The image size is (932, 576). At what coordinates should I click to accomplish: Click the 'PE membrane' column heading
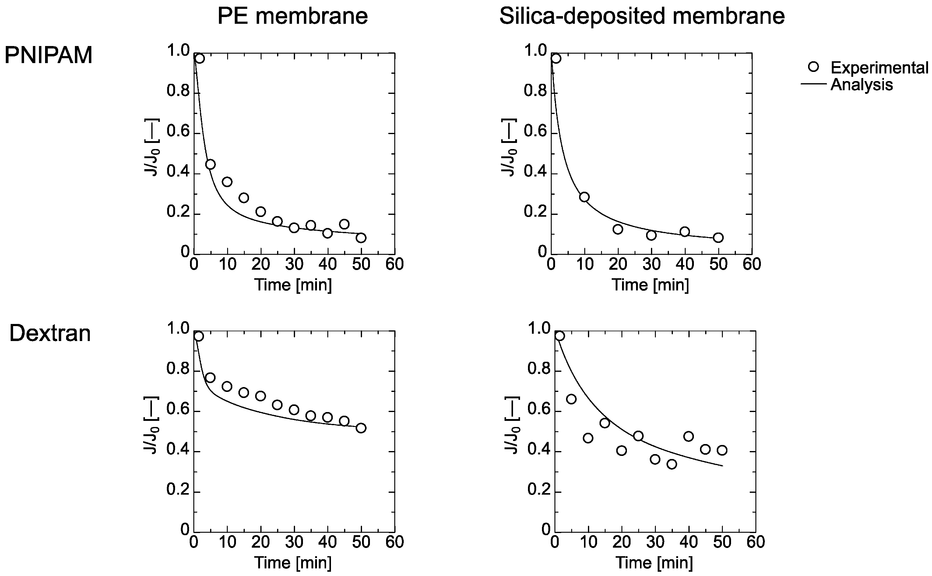(x=292, y=16)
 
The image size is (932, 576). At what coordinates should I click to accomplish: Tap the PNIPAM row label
(x=48, y=55)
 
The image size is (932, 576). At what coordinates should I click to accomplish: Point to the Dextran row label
(x=50, y=333)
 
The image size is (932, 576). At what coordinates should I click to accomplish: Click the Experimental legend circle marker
(x=813, y=67)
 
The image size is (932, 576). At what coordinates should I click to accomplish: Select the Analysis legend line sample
(x=814, y=84)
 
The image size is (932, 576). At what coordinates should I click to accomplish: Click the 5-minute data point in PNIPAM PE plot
(x=210, y=165)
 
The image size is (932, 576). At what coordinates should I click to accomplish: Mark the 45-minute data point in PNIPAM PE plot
(x=344, y=224)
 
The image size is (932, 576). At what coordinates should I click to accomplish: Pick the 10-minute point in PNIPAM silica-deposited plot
(x=584, y=197)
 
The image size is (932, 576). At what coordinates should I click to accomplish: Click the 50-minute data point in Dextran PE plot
(x=361, y=428)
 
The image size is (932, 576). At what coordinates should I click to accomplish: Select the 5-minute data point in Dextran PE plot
(x=210, y=378)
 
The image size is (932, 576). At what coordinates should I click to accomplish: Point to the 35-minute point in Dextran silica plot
(x=672, y=464)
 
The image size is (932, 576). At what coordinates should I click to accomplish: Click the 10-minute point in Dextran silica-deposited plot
(x=588, y=438)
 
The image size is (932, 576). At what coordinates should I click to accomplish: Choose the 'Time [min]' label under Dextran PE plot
(x=293, y=562)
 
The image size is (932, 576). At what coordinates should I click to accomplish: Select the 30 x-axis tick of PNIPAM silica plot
(x=651, y=264)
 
